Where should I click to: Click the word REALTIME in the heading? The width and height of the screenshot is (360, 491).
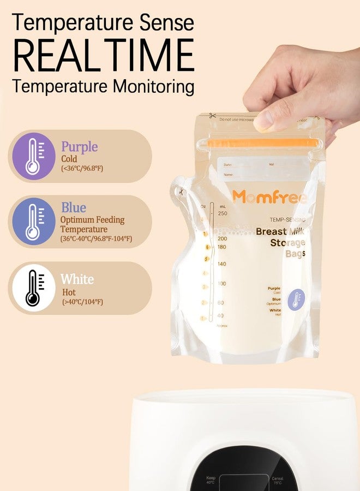coord(103,55)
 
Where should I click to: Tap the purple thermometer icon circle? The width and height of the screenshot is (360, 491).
coord(33,156)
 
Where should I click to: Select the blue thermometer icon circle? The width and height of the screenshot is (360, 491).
coord(33,221)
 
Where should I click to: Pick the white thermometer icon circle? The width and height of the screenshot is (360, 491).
coord(33,288)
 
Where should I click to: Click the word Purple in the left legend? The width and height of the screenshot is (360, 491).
coord(80,147)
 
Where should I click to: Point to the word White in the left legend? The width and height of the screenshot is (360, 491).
coord(77,280)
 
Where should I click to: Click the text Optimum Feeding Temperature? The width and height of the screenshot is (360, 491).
coord(93,224)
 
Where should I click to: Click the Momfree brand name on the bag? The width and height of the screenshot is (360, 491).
coord(269,197)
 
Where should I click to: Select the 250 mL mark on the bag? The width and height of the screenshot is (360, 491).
coord(221,213)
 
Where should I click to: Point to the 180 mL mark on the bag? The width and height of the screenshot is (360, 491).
coord(221,247)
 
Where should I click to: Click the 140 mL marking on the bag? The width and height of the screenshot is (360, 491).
coord(221,264)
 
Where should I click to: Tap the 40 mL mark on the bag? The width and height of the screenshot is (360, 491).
coord(220,316)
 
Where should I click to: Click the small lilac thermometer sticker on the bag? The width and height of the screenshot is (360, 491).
coord(296,298)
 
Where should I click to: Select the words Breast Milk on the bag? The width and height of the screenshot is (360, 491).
coord(280,231)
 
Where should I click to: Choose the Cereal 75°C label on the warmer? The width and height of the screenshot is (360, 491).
coord(278,481)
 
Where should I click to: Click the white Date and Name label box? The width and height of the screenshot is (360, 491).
coord(262,170)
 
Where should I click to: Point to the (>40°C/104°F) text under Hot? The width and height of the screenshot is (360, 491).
coord(82,302)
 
